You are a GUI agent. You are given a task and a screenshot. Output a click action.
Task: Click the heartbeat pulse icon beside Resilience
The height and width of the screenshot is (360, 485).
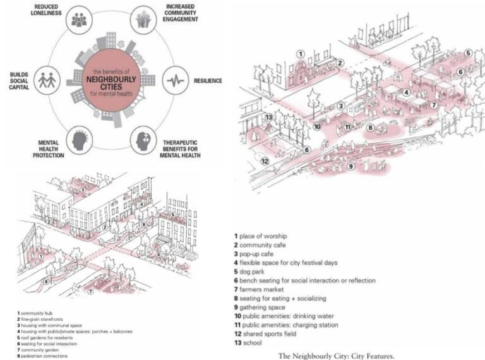click(175, 81)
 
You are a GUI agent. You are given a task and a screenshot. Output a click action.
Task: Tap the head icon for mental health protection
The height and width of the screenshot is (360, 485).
click(80, 140)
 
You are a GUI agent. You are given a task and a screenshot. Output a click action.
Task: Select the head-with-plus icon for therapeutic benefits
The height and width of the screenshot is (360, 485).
click(143, 140)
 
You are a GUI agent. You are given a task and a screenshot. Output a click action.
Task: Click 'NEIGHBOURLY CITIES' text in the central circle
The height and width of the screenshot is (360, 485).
click(111, 81)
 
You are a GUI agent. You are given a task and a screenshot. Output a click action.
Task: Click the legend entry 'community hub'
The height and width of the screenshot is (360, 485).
click(38, 313)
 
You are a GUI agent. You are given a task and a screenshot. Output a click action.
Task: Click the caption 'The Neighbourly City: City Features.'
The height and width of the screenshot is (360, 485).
click(337, 356)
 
